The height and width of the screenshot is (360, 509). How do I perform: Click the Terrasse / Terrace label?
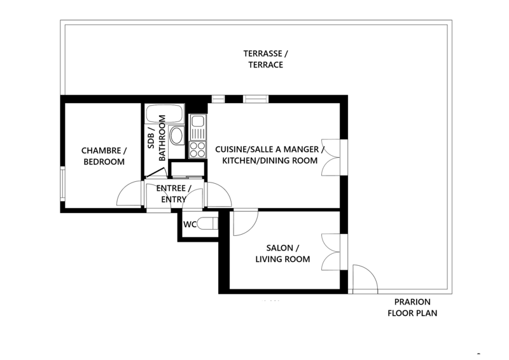(265, 59)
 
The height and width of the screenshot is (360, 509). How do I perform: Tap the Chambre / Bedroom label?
(104, 156)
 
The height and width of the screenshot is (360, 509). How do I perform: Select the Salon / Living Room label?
(282, 254)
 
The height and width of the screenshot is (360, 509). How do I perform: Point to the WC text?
(190, 225)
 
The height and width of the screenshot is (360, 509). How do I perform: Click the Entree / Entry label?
(174, 194)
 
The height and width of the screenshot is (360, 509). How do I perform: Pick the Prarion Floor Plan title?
(412, 307)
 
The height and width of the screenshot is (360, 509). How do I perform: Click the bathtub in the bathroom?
(165, 113)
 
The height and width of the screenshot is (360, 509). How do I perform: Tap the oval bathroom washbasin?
(177, 135)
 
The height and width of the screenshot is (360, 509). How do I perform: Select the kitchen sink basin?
(197, 121)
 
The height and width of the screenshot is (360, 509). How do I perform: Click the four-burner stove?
(197, 149)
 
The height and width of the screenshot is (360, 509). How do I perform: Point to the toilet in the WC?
(207, 224)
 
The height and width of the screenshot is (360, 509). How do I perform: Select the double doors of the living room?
(331, 252)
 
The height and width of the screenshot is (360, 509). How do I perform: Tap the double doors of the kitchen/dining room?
(331, 158)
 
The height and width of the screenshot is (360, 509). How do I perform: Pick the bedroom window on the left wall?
(62, 184)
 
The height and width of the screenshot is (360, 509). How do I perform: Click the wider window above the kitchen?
(256, 99)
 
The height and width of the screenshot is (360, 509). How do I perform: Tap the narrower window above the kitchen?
(218, 99)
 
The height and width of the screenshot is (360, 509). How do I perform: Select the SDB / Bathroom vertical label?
(157, 137)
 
